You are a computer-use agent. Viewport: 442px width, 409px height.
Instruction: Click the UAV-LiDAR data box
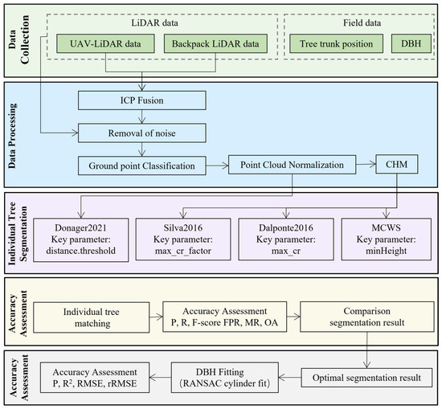(x=105, y=43)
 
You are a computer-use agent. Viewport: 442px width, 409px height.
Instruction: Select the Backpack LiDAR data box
(x=215, y=43)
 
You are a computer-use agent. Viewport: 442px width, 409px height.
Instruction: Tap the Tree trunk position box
(x=336, y=43)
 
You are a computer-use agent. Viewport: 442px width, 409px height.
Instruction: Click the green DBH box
(x=411, y=43)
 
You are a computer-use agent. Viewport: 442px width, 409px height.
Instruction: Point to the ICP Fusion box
(x=142, y=100)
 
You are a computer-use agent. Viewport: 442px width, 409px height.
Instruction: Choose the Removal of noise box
(x=142, y=133)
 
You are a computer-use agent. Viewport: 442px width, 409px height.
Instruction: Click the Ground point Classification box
(x=142, y=166)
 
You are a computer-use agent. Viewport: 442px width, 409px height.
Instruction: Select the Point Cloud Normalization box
(x=292, y=165)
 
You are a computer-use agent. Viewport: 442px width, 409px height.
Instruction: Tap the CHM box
(x=397, y=164)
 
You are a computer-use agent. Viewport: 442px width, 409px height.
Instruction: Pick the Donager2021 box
(x=81, y=240)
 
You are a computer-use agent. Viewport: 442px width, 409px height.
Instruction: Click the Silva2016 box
(x=183, y=239)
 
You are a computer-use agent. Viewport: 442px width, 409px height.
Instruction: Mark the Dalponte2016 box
(x=286, y=239)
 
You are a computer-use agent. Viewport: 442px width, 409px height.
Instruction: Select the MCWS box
(x=387, y=239)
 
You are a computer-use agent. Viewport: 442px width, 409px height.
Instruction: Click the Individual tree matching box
(x=92, y=317)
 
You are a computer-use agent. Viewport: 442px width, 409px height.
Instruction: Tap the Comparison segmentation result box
(x=367, y=317)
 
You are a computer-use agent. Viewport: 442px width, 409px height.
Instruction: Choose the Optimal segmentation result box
(x=366, y=378)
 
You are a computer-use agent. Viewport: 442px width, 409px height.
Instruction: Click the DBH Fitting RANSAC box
(x=225, y=378)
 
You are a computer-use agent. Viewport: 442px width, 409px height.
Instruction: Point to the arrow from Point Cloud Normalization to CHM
(x=366, y=165)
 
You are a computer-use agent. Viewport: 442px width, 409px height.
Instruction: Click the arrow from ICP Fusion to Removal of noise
(x=142, y=117)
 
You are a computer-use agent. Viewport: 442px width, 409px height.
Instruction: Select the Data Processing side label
(x=12, y=136)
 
